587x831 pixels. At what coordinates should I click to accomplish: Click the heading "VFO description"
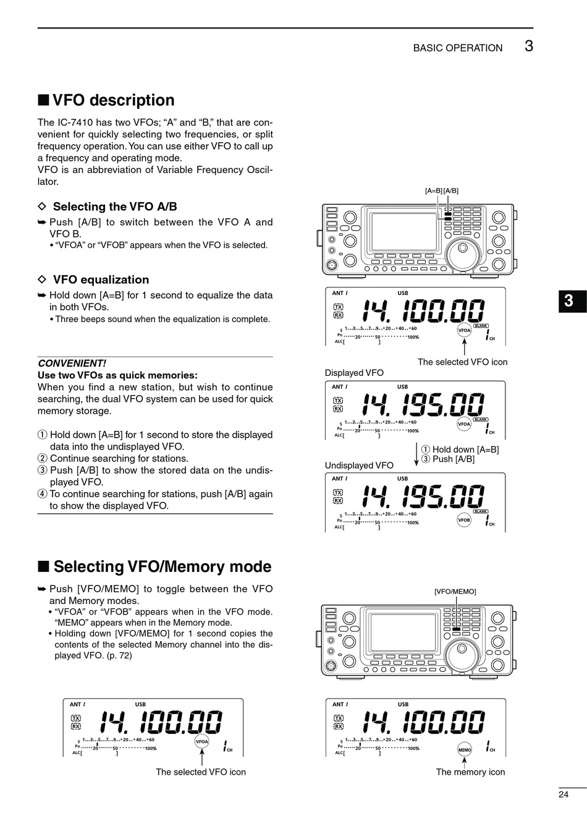[113, 100]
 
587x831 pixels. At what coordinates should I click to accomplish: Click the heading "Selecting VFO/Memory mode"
[162, 566]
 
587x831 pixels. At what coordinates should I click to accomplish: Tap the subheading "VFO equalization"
[101, 279]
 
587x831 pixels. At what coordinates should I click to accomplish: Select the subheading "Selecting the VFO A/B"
[115, 207]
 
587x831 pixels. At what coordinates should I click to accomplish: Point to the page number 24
[563, 795]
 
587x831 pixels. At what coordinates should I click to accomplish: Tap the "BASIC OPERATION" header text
[457, 48]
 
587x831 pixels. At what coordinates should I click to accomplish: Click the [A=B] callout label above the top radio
[433, 190]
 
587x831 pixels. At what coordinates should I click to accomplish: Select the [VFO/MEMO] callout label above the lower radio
[455, 591]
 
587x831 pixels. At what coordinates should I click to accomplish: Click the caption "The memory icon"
[470, 772]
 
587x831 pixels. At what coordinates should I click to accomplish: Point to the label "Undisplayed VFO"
[359, 465]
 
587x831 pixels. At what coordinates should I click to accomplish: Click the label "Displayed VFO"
[354, 373]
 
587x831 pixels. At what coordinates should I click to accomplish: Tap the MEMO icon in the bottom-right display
[464, 749]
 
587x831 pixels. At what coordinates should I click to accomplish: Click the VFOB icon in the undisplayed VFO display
[464, 520]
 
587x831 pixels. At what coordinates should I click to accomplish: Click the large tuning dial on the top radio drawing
[465, 253]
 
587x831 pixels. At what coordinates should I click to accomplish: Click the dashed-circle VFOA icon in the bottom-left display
[202, 741]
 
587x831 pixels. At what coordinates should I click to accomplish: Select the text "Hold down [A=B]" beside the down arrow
[465, 450]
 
